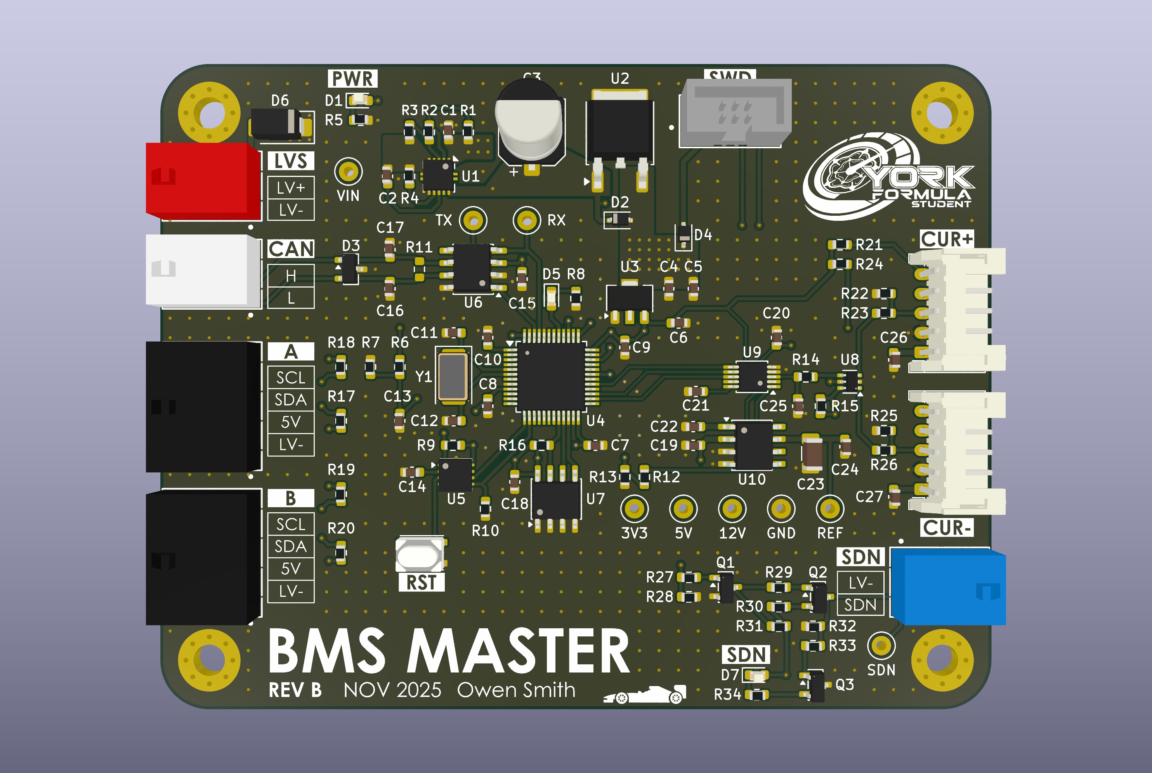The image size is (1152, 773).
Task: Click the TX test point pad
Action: coord(473,220)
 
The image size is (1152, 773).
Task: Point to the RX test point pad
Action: coord(526,220)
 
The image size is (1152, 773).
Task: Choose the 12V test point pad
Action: coord(732,509)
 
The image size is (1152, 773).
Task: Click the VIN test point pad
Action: coord(349,172)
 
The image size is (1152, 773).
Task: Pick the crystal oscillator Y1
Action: coord(452,376)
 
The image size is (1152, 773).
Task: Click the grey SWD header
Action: coord(736,113)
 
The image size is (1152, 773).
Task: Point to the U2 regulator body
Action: coord(619,129)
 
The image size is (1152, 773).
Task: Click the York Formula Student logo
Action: coord(887,177)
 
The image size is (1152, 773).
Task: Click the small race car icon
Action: coord(645,694)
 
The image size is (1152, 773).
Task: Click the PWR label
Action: coord(352,78)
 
